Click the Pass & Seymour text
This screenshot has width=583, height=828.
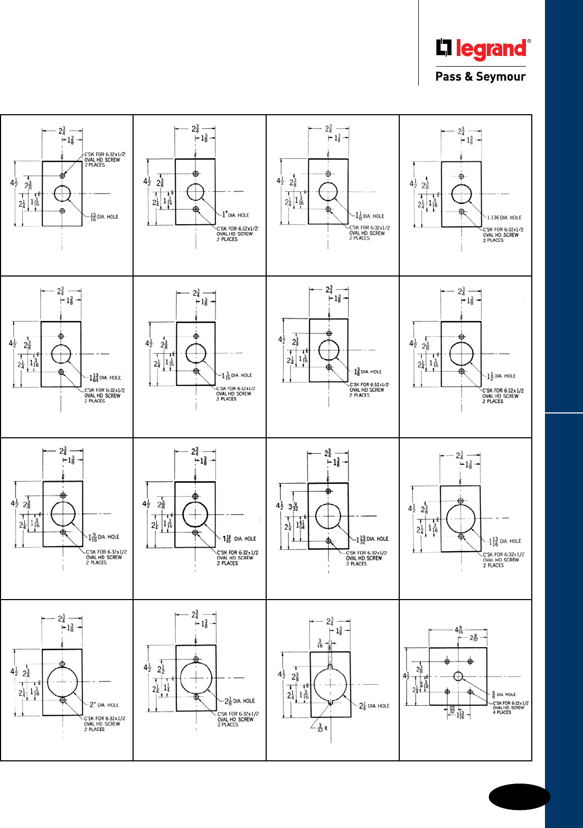tap(480, 77)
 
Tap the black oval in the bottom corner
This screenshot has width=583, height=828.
tap(519, 797)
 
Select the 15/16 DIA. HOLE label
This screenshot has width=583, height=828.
tap(105, 217)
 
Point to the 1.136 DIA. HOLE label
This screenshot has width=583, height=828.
tap(504, 217)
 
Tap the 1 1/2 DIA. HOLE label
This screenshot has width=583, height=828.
tap(501, 376)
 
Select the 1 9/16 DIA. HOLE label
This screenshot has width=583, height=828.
tap(104, 537)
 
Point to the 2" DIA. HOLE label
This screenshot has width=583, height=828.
tap(104, 705)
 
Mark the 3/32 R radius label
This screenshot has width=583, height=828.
tap(322, 729)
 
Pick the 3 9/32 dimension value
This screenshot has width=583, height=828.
tap(293, 506)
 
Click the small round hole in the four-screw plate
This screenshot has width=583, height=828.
tap(458, 676)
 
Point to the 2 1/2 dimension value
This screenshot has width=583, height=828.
tap(161, 669)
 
